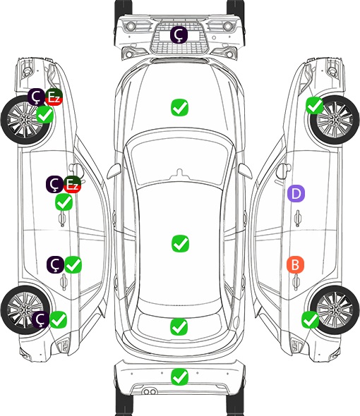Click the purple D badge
pos(296,193)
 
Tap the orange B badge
pos(295,264)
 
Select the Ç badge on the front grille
pos(179,35)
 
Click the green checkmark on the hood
pos(179,107)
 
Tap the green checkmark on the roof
pos(181,243)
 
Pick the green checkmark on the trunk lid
pos(179,326)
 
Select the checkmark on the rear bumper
pos(180,377)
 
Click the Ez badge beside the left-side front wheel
pos(54,97)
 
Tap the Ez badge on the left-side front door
pos(72,185)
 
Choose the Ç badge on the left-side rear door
pos(55,264)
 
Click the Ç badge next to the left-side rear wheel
pos(41,319)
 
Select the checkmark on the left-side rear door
pos(73,265)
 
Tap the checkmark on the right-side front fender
pos(315,106)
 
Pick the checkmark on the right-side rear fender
pos(311,320)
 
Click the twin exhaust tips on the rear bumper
pos(150,391)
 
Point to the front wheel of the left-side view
pos(26,121)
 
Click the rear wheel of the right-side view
pos(334,310)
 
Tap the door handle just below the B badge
pos(296,283)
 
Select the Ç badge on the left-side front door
pos(54,184)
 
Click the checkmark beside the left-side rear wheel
pos(59,320)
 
